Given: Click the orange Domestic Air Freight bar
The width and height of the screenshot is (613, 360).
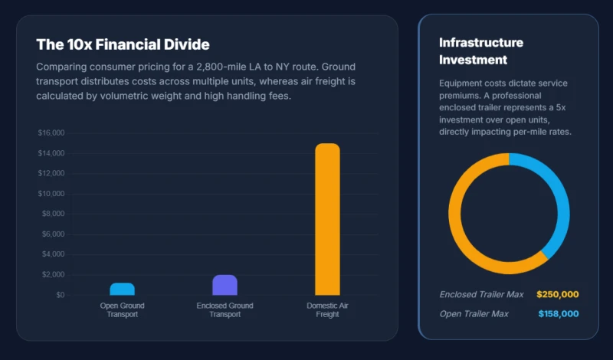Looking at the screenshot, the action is click(x=328, y=219).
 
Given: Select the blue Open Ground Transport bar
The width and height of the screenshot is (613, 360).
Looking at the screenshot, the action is click(x=123, y=289).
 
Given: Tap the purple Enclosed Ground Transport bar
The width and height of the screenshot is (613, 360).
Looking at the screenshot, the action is click(x=225, y=285).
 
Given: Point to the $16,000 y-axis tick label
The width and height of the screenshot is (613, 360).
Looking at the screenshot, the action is click(x=51, y=133).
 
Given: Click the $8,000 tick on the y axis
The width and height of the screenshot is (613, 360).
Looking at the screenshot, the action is click(x=54, y=214).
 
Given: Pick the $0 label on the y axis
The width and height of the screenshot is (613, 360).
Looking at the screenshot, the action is click(x=61, y=295).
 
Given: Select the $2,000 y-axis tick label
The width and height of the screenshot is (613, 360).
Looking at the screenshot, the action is click(x=54, y=274).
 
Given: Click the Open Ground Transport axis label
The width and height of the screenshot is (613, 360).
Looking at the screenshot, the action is click(x=123, y=310).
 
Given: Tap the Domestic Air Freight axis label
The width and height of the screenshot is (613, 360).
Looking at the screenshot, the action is click(x=328, y=310).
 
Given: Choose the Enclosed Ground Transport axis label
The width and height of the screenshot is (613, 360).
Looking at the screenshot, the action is click(x=225, y=310).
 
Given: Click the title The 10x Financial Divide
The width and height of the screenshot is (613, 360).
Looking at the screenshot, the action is click(x=123, y=44).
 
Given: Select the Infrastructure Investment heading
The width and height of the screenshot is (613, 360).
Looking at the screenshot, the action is click(x=481, y=51).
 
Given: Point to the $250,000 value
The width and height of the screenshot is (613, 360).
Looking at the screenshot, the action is click(x=558, y=294).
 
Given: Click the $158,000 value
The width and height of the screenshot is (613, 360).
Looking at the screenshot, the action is click(x=559, y=314).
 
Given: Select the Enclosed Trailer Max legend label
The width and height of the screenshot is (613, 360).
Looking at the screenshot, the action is click(x=482, y=294).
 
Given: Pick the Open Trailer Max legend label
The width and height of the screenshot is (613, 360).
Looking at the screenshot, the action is click(x=474, y=314).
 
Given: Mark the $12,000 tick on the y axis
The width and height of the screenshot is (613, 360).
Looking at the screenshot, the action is click(x=51, y=173).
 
